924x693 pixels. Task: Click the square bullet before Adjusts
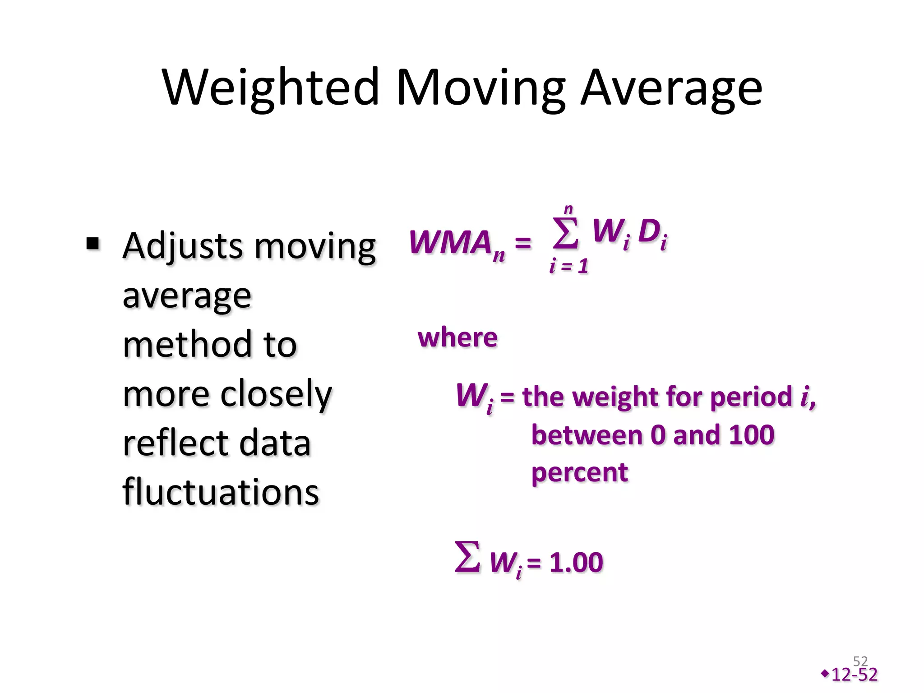93,244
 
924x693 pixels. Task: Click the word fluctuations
221,492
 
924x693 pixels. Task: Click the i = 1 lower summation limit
569,266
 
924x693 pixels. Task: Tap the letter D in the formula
649,231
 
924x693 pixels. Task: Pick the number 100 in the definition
752,435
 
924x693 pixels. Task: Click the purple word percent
579,473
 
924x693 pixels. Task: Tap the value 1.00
576,563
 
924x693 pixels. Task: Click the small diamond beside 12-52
825,674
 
